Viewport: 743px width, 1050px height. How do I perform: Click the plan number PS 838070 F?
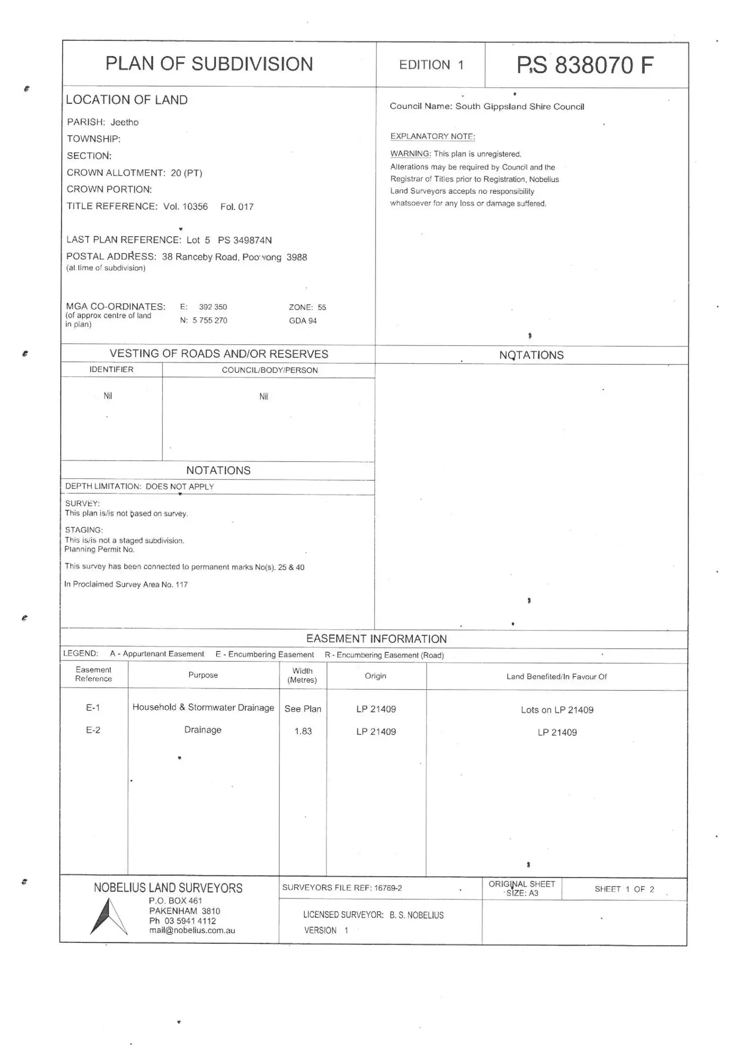click(x=585, y=66)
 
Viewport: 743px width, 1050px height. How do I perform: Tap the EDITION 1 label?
click(x=431, y=65)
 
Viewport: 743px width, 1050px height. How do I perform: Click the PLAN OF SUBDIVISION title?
click(x=209, y=64)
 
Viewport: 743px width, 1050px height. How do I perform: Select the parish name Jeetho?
click(x=124, y=122)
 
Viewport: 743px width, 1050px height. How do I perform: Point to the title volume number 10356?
click(x=192, y=206)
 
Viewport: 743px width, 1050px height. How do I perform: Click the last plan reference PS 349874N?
click(x=245, y=240)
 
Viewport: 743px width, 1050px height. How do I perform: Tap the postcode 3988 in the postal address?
click(x=296, y=257)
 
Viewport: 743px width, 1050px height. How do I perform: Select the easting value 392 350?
click(x=213, y=307)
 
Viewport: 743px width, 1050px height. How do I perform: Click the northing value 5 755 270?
click(x=209, y=320)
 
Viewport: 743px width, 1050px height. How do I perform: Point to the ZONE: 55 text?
click(x=307, y=307)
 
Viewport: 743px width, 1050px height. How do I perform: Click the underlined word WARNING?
click(x=410, y=154)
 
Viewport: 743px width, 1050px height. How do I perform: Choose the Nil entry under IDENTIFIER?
click(x=108, y=396)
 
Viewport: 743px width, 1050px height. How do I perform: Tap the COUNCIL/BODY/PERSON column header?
click(x=270, y=370)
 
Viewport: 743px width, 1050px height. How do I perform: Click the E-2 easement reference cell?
click(x=93, y=730)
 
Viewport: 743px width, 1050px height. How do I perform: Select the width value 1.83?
click(x=303, y=731)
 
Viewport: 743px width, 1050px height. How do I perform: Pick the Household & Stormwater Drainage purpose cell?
click(x=203, y=707)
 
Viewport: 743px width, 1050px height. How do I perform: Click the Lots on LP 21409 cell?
click(x=557, y=710)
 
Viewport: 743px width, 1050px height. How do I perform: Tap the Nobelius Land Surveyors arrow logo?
click(x=109, y=917)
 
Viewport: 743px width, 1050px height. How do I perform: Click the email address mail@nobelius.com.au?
click(x=192, y=930)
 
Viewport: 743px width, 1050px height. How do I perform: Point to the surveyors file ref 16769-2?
click(x=388, y=888)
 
